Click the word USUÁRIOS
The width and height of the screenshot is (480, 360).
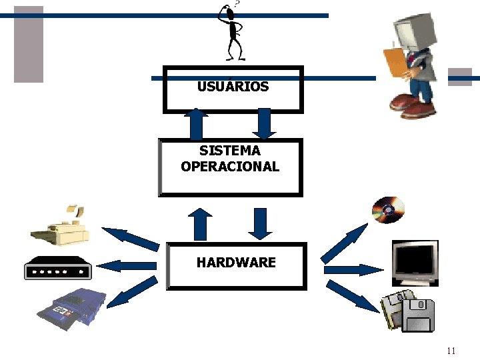pos(233,87)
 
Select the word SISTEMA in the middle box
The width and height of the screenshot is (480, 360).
pos(230,151)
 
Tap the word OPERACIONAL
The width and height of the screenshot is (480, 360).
pos(230,166)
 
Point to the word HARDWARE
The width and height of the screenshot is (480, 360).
pos(236,262)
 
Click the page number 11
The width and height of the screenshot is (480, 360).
pos(451,351)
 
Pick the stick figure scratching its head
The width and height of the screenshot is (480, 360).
pos(233,33)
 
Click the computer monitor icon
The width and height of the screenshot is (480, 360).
pos(414,262)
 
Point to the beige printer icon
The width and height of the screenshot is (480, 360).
pos(60,226)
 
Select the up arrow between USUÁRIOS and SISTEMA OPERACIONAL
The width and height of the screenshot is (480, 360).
pos(196,123)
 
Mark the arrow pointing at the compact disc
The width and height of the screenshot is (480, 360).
pos(343,243)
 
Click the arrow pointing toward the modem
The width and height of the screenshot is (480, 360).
pos(130,266)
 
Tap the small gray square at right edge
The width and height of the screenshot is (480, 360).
pos(459,77)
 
